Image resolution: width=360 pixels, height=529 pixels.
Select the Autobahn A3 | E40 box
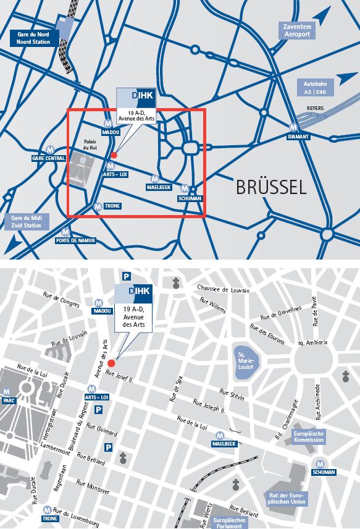315,87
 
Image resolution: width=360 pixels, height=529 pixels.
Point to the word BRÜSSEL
271,187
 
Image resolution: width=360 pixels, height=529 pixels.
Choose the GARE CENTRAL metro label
48,158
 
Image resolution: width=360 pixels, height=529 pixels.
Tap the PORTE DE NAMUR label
75,240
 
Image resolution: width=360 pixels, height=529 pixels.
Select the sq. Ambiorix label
312,342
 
